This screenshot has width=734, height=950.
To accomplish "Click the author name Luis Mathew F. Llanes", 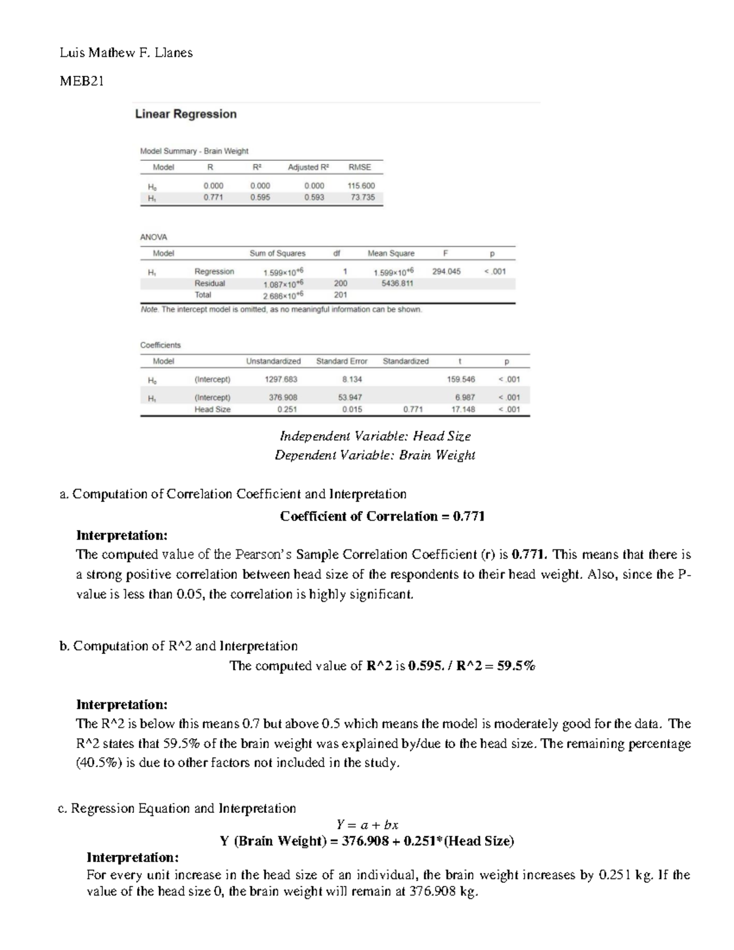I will tap(126, 53).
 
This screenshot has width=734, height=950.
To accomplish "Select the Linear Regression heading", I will tap(185, 114).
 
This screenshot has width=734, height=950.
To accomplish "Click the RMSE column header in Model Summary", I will tap(359, 167).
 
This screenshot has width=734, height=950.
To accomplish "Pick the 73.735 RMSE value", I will tap(363, 198).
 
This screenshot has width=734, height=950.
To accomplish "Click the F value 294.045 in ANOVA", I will tap(446, 271).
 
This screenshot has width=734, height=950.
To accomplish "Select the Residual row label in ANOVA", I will tap(209, 283).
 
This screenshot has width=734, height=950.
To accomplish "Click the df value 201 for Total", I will tap(341, 295).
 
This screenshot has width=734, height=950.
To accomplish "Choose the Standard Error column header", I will tap(341, 361).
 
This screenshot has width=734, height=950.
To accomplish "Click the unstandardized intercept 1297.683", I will tap(281, 379).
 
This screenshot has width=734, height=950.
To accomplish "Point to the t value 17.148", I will tap(462, 409).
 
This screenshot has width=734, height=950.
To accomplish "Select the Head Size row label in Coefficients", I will tap(212, 409).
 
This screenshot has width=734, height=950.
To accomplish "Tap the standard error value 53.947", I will tap(350, 398).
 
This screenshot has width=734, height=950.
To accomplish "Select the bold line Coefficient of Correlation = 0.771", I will tap(382, 516).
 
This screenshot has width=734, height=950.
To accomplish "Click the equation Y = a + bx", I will tap(368, 825).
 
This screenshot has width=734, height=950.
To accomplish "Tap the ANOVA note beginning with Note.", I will tap(281, 310).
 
